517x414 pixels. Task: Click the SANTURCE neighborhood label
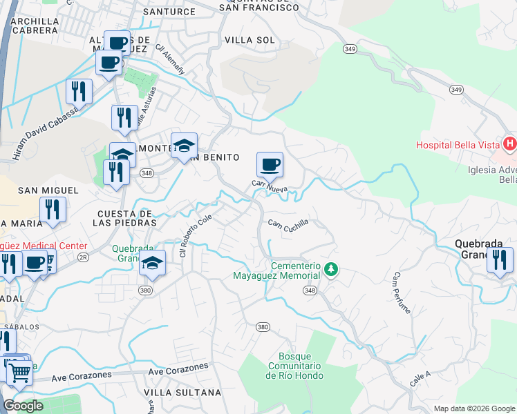169,12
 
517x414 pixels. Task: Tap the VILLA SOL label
250,40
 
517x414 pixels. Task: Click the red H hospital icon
509,144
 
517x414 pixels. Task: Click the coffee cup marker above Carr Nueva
270,166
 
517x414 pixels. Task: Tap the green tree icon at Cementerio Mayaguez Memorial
332,268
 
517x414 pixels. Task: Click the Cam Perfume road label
402,293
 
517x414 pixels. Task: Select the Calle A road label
420,378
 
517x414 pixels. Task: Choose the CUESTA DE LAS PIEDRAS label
127,218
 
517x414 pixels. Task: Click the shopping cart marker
19,373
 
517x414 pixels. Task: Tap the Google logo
23,406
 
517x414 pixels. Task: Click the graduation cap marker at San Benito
185,146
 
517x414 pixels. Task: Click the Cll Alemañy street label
170,60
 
